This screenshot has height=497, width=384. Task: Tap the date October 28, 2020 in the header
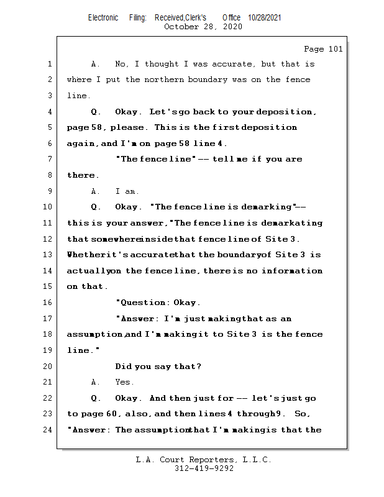[203, 27]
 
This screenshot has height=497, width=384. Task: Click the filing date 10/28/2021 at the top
[265, 17]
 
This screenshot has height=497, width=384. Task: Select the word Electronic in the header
[103, 17]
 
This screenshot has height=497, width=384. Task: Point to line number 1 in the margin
[49, 64]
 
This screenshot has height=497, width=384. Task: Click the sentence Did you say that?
[158, 367]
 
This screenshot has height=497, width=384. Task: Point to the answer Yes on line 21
[124, 382]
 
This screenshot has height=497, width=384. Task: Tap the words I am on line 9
[127, 191]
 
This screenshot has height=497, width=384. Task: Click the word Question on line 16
[144, 303]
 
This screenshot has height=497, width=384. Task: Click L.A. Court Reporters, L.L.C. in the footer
[204, 460]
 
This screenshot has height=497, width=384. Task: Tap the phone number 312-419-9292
[204, 469]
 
